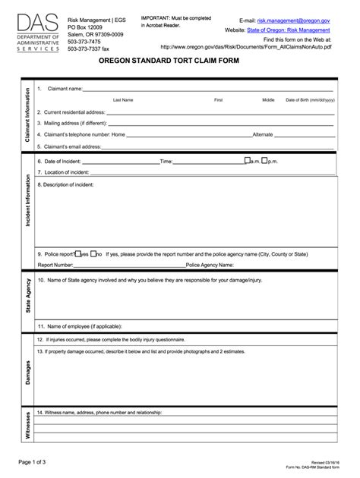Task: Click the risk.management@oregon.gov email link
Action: (293, 19)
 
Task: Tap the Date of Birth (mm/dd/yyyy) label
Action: (310, 99)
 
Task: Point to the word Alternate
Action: (263, 134)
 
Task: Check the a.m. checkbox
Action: (246, 161)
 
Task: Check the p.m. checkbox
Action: (263, 161)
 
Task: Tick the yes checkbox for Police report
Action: (77, 254)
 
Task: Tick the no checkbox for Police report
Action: (93, 254)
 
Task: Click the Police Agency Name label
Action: (210, 266)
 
